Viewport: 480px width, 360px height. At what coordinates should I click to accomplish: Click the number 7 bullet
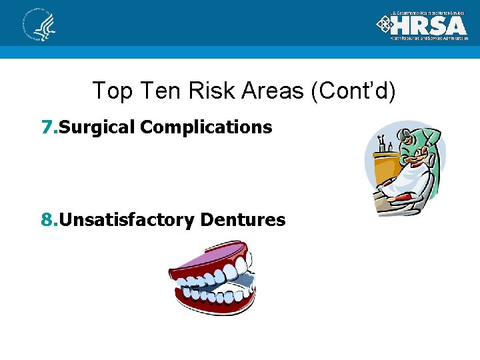(x=47, y=127)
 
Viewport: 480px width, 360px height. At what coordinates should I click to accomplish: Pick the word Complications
(x=206, y=127)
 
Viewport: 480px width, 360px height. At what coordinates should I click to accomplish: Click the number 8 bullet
(x=47, y=219)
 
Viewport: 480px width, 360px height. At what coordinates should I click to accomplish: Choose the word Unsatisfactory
(x=127, y=219)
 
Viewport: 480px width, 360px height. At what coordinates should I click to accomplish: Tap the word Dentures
(x=243, y=219)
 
